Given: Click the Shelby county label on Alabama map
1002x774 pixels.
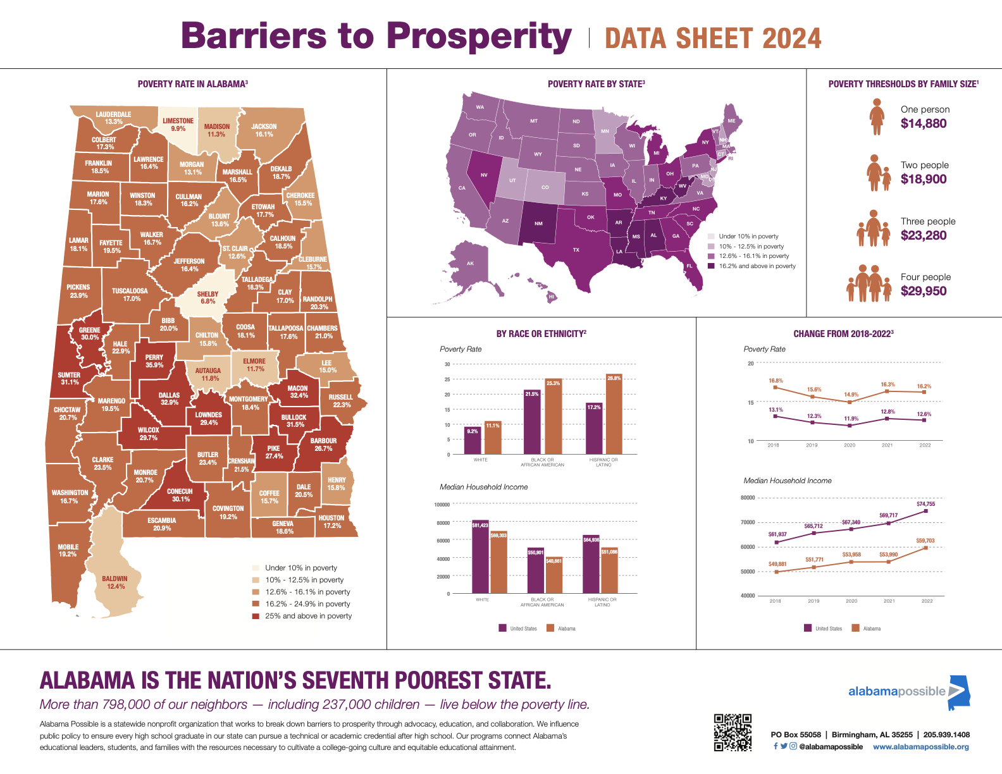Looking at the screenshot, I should (207, 298).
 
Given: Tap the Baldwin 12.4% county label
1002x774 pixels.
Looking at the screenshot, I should (115, 582).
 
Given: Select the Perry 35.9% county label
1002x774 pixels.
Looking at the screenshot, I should (154, 361).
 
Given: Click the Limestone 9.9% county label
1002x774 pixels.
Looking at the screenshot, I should (178, 125).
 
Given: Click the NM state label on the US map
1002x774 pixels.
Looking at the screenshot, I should (538, 223).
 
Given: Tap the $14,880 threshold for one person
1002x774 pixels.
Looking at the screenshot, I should (924, 124).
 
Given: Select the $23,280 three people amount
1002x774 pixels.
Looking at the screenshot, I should (924, 236).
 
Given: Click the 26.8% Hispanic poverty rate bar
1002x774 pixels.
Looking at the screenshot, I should (614, 415).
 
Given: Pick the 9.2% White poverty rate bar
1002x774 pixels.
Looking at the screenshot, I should (473, 441).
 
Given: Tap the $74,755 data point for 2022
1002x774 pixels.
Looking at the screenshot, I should (926, 510).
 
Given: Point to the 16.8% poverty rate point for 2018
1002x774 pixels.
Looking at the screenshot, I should (776, 387).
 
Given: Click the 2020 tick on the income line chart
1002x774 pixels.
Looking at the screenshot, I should (851, 601).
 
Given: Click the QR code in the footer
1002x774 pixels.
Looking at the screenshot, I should (733, 732).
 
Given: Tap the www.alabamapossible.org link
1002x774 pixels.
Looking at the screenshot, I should (920, 747).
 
